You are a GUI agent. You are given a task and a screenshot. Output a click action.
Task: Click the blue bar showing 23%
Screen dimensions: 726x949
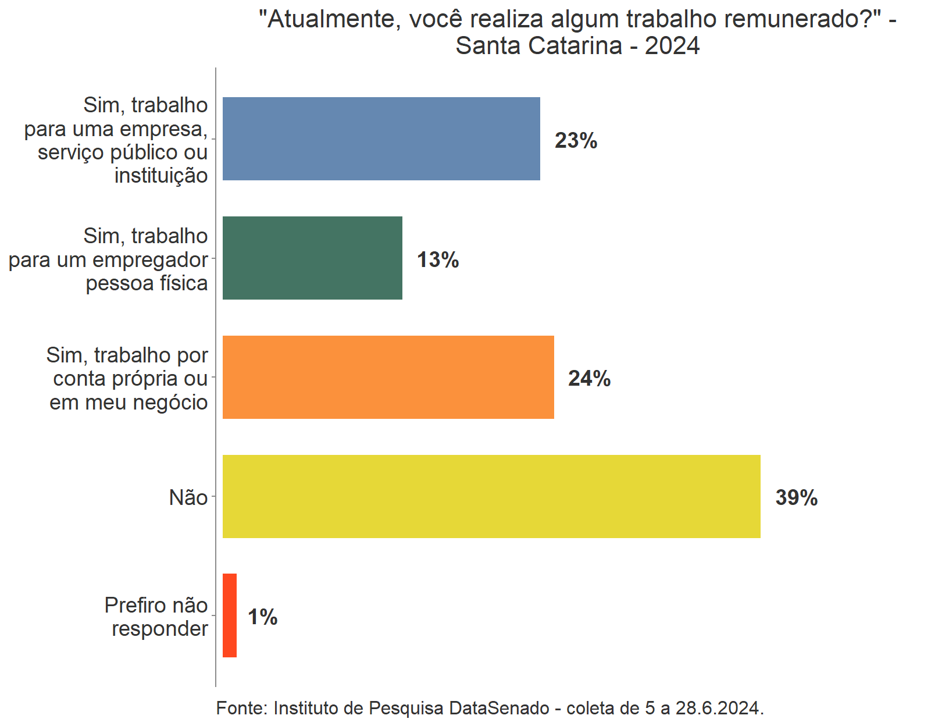coord(381,138)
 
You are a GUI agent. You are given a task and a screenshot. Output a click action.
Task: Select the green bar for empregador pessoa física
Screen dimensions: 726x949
coord(312,258)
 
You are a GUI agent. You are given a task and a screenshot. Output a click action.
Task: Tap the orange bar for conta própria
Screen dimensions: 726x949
coord(388,377)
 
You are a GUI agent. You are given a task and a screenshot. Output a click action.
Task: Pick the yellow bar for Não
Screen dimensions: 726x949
coord(491,496)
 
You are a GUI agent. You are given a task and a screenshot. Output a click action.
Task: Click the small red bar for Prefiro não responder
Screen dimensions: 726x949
coord(230,615)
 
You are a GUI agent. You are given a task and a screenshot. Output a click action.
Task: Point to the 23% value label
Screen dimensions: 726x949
coord(576,140)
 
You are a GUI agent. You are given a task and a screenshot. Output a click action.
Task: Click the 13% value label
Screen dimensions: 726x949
coord(438,259)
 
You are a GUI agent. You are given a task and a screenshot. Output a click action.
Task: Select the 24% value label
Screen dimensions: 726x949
coord(589,379)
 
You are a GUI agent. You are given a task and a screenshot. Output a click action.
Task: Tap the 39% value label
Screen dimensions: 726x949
coord(796,498)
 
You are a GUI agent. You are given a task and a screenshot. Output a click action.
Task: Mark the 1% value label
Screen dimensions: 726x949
coord(262,617)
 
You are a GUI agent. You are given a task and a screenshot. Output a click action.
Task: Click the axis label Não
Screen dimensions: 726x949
coord(188,498)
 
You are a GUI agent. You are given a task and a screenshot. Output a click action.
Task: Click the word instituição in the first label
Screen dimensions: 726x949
coord(161,175)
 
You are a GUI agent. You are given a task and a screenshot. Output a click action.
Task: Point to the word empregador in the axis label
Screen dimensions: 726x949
coord(158,260)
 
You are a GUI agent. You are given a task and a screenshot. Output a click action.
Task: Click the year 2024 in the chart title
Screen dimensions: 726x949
coord(672,46)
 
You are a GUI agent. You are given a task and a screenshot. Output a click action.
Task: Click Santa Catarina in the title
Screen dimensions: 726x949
coord(538,46)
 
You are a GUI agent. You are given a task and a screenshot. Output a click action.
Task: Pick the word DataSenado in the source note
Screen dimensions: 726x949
coord(499,708)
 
